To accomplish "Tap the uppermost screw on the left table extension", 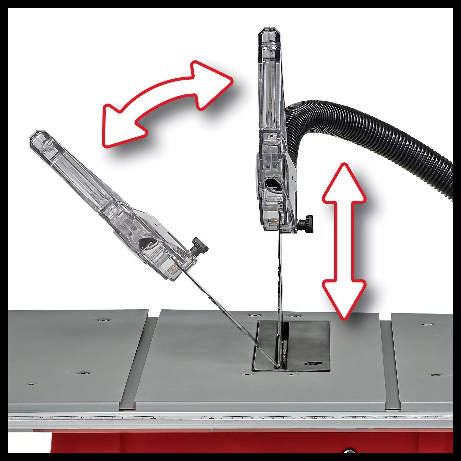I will click(x=104, y=319).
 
